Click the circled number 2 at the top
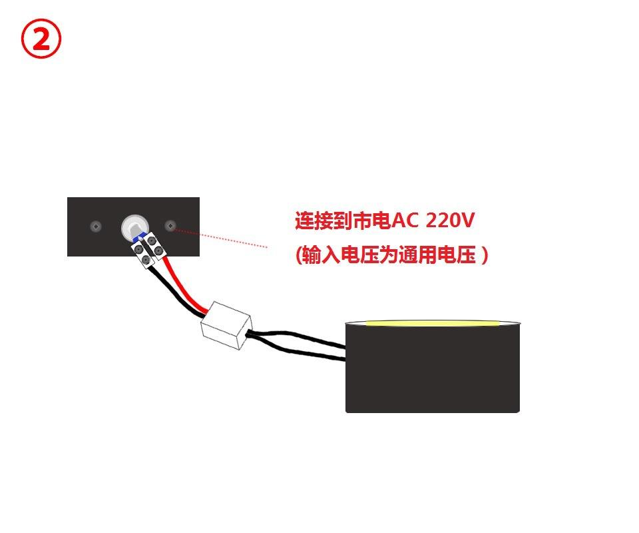[41, 39]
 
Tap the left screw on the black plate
[96, 227]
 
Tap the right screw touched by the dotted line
[170, 227]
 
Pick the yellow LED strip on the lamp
[433, 324]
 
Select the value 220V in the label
[451, 221]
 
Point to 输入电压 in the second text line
[339, 255]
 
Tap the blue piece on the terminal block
[138, 237]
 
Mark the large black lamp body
[433, 370]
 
